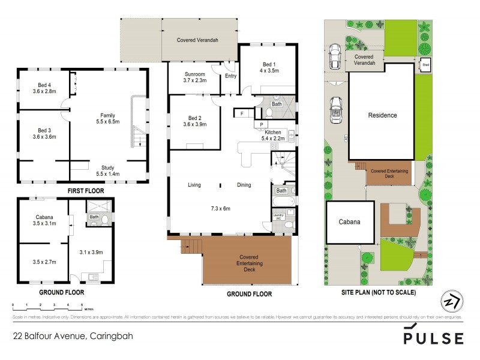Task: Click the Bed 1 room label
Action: pos(268,67)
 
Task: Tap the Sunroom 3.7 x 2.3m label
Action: pos(195,77)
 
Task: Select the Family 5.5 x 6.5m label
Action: pos(108,118)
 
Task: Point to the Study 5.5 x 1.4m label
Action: pos(108,170)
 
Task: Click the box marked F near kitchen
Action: pos(242,113)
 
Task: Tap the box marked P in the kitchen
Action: pos(262,125)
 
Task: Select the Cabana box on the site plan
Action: pos(349,221)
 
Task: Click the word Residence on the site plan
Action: pos(382,115)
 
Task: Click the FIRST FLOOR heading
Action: pos(84,191)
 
